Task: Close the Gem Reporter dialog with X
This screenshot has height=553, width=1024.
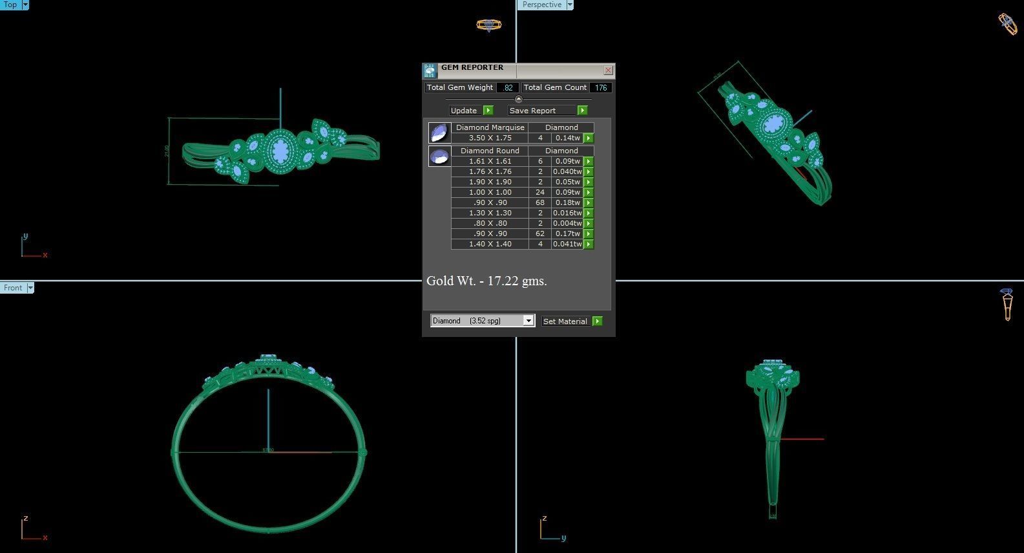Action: click(x=608, y=70)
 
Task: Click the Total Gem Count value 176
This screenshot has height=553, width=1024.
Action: click(x=601, y=87)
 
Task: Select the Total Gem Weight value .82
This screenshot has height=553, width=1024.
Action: click(x=508, y=87)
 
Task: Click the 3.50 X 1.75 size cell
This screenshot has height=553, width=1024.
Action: click(x=490, y=138)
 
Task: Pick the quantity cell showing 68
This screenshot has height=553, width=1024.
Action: click(x=540, y=202)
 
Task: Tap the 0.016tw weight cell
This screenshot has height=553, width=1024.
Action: click(x=567, y=213)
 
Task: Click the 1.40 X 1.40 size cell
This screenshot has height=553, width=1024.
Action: click(x=490, y=244)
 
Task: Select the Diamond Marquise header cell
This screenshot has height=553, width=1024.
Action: click(x=490, y=127)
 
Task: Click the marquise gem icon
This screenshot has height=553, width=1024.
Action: click(x=439, y=133)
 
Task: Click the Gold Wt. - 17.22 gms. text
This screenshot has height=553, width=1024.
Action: click(x=486, y=281)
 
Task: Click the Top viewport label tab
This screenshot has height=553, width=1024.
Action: click(x=10, y=5)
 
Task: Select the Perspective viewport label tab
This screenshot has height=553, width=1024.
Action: click(x=541, y=5)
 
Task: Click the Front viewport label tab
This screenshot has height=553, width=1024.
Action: click(x=13, y=288)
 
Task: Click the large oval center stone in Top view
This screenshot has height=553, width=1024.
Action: click(x=280, y=151)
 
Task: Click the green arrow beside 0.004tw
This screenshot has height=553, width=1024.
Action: click(x=589, y=223)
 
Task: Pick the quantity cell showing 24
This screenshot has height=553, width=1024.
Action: click(x=540, y=192)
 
